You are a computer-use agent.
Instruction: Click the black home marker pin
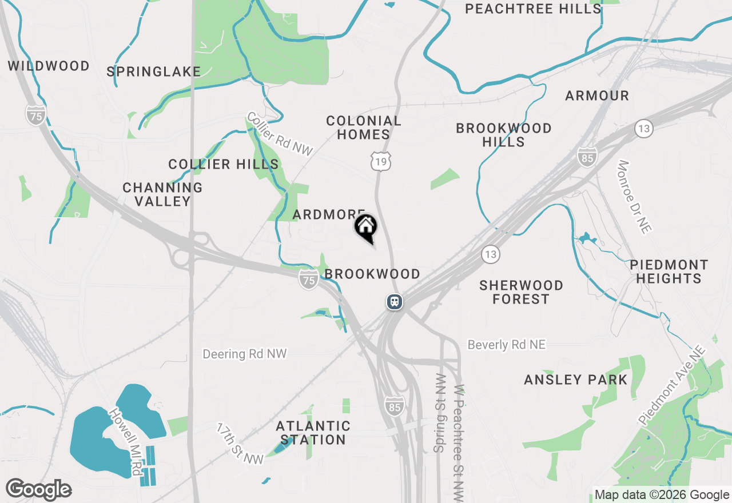click(365, 227)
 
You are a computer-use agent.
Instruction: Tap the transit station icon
click(395, 301)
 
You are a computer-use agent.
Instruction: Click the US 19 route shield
click(381, 162)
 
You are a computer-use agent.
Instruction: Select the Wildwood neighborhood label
click(49, 66)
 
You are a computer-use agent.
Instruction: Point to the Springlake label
click(154, 71)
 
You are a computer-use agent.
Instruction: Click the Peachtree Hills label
click(533, 9)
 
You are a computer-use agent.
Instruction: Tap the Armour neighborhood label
click(597, 95)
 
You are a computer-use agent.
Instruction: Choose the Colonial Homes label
click(363, 127)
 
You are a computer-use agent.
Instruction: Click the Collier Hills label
click(224, 165)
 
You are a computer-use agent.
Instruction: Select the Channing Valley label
click(162, 194)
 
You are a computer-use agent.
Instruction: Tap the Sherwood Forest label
click(521, 292)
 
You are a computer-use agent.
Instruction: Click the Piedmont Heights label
click(669, 272)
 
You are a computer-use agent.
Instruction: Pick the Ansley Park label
click(575, 380)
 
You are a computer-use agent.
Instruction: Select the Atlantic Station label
click(313, 433)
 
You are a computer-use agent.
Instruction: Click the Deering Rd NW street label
click(244, 354)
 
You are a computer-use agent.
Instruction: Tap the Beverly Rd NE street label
click(506, 345)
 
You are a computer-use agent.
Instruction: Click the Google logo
click(38, 489)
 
